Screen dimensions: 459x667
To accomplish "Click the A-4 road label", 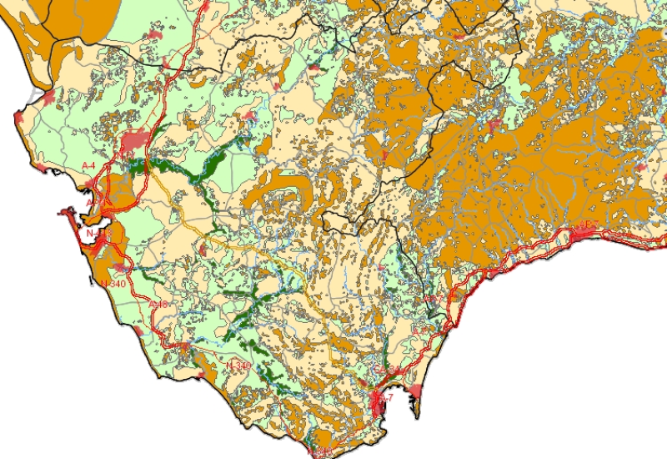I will [88, 165].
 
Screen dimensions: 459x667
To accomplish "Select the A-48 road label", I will [158, 305].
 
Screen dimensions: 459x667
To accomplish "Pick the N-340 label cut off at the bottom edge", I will [320, 451].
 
